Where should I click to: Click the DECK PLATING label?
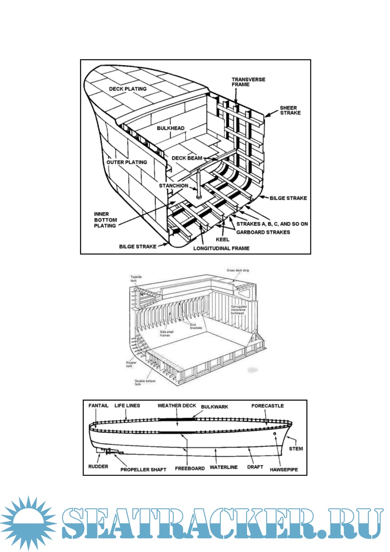coord(128,89)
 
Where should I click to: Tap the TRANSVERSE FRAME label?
coord(248,82)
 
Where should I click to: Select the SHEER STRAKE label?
coord(290,111)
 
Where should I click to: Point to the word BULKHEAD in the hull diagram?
coord(170,128)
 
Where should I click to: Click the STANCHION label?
coord(173,186)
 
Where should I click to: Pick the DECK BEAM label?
coord(187,158)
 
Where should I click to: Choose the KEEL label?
coord(222,240)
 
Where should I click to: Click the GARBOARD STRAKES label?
coord(263,232)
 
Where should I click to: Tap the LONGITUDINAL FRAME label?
coord(221,248)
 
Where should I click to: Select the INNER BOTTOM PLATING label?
coord(105,220)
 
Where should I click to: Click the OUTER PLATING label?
coord(127,163)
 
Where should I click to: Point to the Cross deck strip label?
coord(238,270)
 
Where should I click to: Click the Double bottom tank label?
coord(145,382)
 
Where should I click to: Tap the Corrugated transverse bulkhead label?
coord(238,310)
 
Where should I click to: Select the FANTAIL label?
coord(98,406)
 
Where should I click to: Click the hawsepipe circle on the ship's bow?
coord(274,434)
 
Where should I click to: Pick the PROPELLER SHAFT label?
coord(143,470)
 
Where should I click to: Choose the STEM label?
coord(296,449)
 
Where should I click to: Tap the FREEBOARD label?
coord(190,469)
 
